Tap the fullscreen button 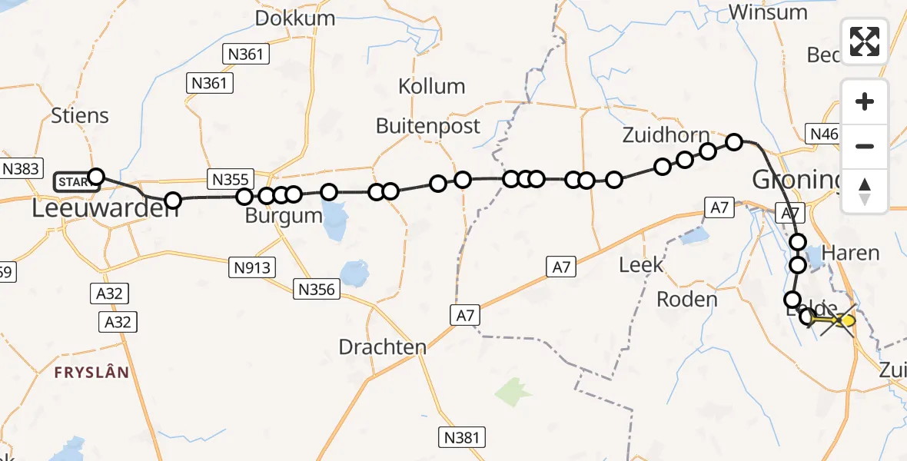click(x=865, y=41)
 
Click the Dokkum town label click(x=295, y=18)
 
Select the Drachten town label click(x=382, y=347)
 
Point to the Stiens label click(x=80, y=116)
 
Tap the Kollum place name click(x=432, y=86)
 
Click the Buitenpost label click(x=428, y=125)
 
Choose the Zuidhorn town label click(x=666, y=136)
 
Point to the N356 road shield click(x=316, y=289)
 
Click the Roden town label click(x=687, y=299)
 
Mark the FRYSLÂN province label click(x=91, y=372)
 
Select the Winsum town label click(x=768, y=12)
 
